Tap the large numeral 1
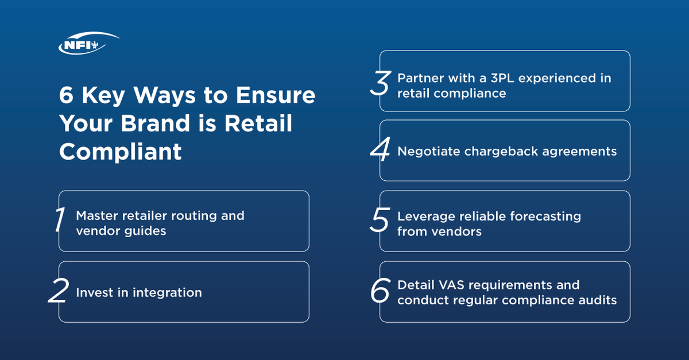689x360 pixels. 59,221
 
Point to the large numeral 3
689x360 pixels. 380,84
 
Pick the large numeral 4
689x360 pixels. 380,151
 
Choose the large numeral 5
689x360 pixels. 380,221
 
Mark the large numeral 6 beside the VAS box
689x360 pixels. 380,292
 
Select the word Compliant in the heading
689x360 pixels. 121,152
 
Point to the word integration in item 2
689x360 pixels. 167,293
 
